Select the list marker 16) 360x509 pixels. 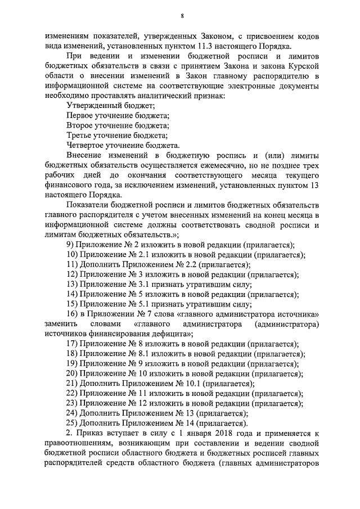[74, 314]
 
